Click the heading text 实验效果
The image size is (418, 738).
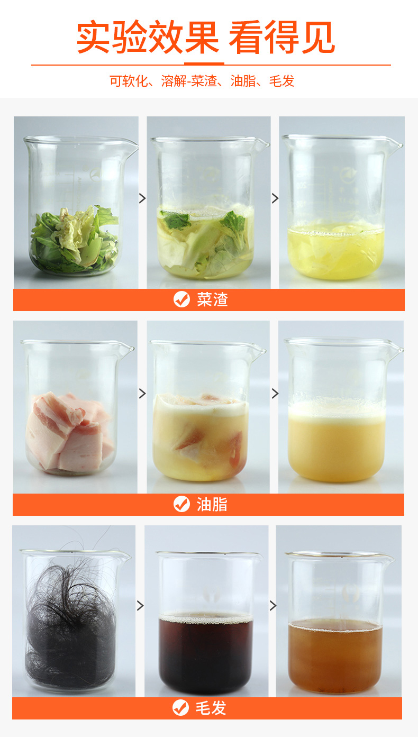148,37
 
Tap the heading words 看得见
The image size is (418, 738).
281,37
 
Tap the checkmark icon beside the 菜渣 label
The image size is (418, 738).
181,299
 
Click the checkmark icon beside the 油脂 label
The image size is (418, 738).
181,504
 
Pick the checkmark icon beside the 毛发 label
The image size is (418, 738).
180,708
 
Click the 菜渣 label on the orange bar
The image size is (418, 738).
213,299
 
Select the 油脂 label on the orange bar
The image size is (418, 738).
212,504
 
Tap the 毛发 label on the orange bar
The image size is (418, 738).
211,708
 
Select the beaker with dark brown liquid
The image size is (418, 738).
207,623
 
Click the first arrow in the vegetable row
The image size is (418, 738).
142,198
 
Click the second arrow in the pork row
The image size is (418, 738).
275,393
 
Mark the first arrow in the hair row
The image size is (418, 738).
140,605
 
